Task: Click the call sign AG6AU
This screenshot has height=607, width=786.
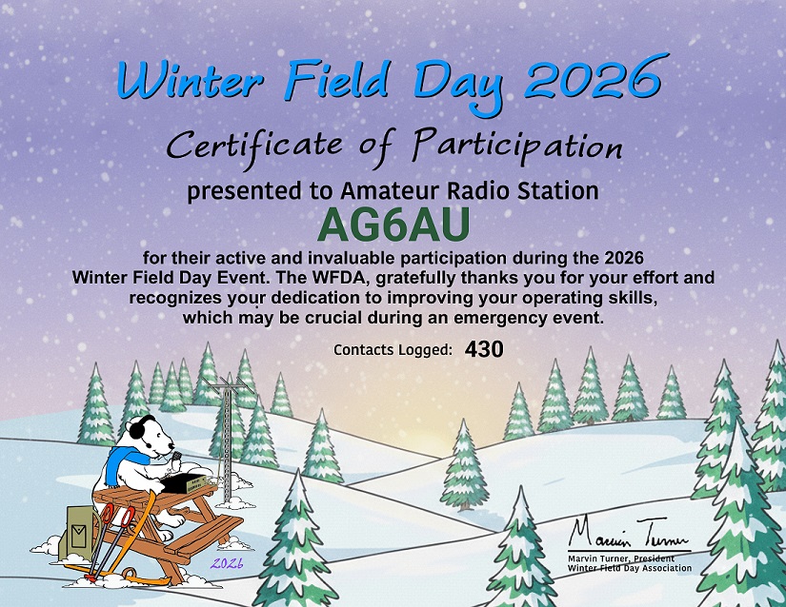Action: [x=393, y=225]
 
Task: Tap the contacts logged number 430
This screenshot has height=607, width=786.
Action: [x=484, y=349]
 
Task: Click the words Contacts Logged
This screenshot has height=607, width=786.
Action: [x=393, y=350]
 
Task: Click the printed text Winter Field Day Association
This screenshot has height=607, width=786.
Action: [x=629, y=568]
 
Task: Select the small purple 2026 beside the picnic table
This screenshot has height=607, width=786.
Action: [x=227, y=563]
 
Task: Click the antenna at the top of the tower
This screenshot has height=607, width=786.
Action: [x=226, y=384]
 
